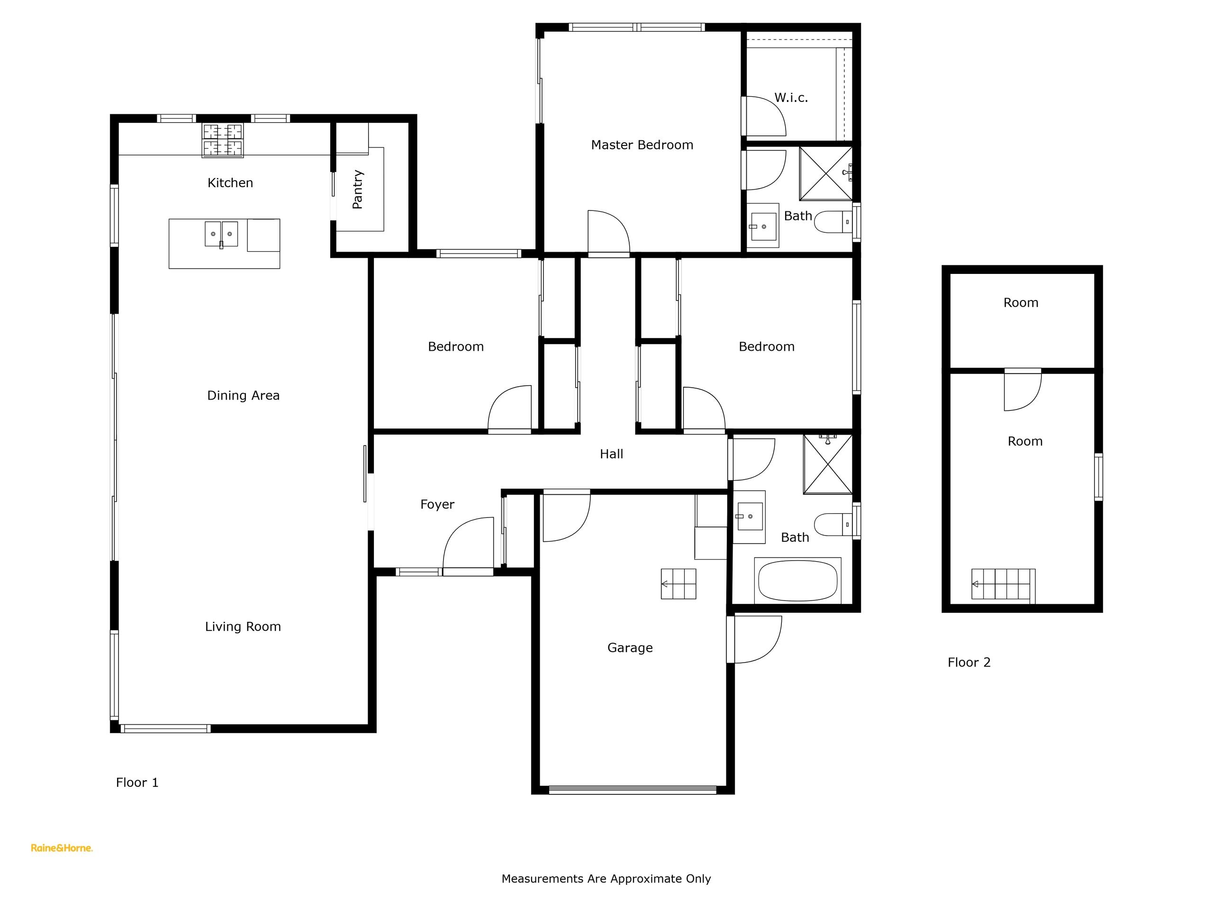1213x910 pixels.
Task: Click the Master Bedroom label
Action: [x=642, y=145]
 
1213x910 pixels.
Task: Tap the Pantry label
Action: [x=358, y=189]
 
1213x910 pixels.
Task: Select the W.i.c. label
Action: [x=791, y=98]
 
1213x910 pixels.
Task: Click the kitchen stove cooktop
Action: [x=223, y=140]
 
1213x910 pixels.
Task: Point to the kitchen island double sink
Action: [x=222, y=234]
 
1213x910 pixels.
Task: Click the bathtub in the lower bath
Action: [x=798, y=580]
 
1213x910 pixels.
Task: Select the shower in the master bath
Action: [x=826, y=173]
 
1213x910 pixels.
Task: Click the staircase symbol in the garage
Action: [x=679, y=583]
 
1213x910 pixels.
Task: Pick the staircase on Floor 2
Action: [x=1004, y=584]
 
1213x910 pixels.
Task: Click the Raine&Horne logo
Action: [x=62, y=848]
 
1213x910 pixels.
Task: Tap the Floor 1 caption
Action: [x=137, y=782]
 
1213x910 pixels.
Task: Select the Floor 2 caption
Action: [x=969, y=662]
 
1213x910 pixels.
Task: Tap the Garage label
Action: [x=630, y=648]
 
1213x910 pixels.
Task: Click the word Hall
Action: [x=611, y=454]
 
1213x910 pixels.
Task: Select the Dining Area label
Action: [x=244, y=395]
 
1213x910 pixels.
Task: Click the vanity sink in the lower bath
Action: [x=749, y=517]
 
